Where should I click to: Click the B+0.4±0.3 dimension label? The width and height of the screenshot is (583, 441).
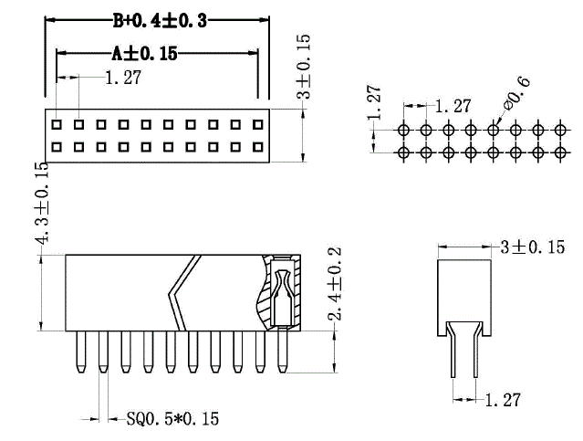[160, 21]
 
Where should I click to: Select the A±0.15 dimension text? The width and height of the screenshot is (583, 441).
[145, 54]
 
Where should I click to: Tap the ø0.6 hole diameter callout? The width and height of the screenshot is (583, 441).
[516, 92]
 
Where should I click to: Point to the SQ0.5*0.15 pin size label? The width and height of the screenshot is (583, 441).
[172, 419]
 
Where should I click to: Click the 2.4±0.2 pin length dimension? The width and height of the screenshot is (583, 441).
[334, 284]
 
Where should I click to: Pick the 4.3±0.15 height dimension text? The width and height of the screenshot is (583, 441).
[42, 204]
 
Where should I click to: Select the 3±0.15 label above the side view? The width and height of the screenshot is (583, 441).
[533, 247]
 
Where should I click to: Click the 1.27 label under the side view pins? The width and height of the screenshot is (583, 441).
[503, 400]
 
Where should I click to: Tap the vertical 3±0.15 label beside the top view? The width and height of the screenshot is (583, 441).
[303, 67]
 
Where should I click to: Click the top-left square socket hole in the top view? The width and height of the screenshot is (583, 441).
[57, 124]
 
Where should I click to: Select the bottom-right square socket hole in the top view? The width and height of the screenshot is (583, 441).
[257, 147]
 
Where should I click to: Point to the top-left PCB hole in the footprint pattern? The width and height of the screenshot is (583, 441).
[403, 130]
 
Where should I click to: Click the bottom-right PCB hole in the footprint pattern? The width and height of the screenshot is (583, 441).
[560, 152]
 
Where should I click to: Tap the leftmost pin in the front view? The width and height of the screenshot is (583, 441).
[80, 352]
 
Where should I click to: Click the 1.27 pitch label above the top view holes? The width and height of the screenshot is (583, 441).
[123, 78]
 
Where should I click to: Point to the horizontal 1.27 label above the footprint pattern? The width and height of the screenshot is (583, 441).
[453, 106]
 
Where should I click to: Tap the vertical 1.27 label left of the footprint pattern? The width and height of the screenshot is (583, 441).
[374, 102]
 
